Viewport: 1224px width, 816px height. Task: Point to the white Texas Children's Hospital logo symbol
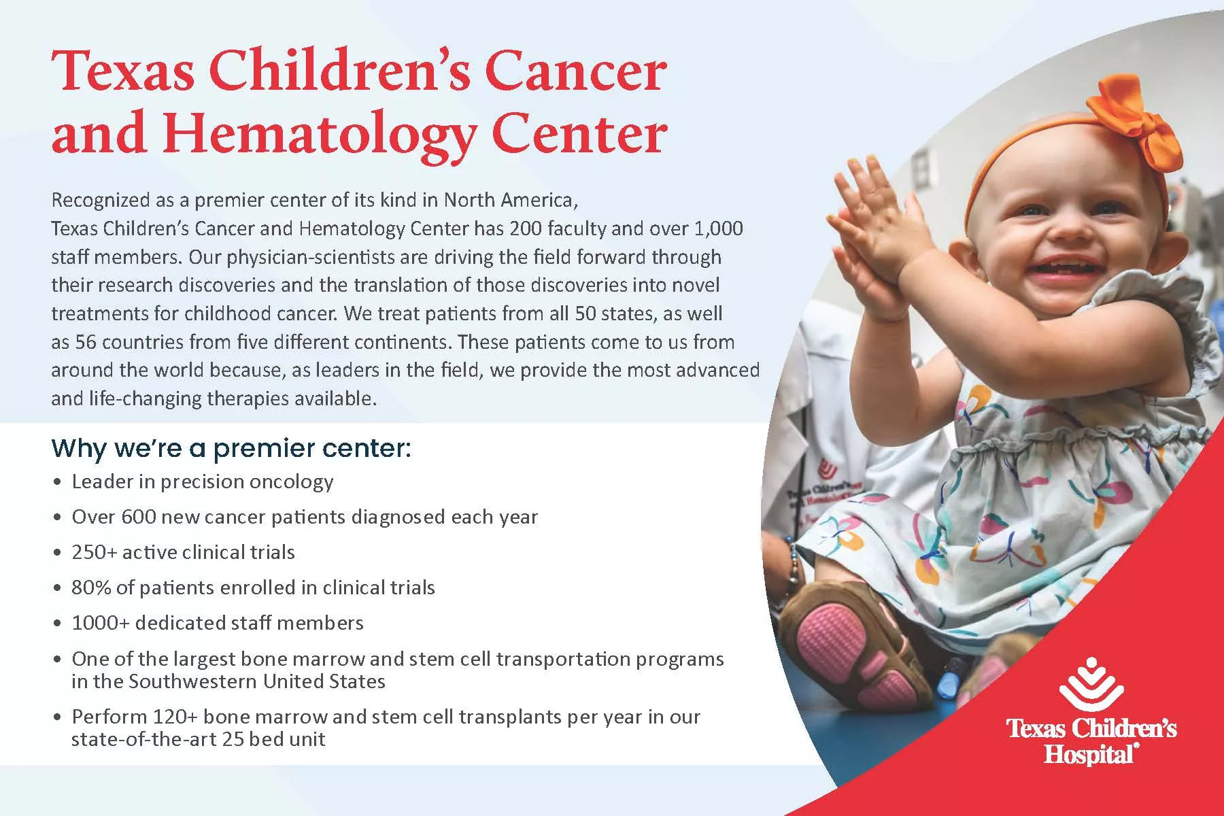[1091, 689]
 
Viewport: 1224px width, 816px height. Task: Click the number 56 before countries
[86, 342]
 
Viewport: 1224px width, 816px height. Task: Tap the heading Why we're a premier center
[231, 449]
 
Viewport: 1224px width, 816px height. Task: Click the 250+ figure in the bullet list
[95, 552]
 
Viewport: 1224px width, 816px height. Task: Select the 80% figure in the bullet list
[92, 588]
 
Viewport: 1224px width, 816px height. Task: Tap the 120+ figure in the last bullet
[175, 717]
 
